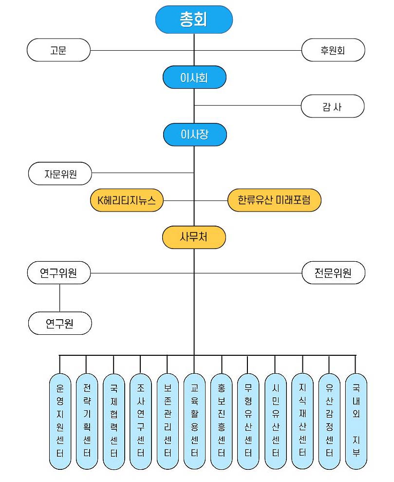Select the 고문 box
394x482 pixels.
click(58, 50)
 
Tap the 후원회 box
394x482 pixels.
click(333, 50)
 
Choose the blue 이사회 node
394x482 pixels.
click(194, 77)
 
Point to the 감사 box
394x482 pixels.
click(332, 106)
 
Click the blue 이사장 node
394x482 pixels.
click(194, 134)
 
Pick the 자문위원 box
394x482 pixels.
click(60, 173)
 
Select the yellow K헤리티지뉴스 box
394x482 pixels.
click(127, 200)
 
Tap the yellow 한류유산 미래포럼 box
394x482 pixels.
click(274, 200)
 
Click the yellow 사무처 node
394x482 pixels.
click(194, 237)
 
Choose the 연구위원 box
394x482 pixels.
click(59, 272)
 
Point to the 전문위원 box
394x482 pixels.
click(333, 272)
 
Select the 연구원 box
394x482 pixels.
click(60, 323)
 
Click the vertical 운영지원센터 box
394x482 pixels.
click(60, 422)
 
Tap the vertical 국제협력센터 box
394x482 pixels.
click(114, 422)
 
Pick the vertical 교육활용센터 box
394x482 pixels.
click(194, 422)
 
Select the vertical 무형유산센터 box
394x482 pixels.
click(248, 422)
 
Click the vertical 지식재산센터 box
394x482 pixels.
click(302, 422)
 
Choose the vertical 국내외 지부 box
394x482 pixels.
click(356, 422)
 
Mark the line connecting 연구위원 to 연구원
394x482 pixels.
click(60, 297)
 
